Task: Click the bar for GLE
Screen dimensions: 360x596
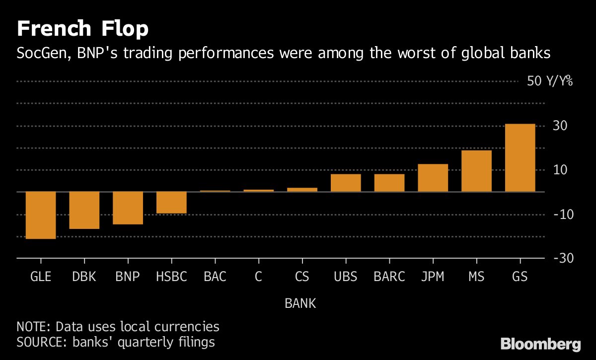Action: click(41, 215)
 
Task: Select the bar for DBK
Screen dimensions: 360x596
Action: click(84, 210)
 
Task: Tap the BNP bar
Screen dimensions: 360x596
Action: click(128, 208)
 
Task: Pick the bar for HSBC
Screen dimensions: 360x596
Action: click(171, 202)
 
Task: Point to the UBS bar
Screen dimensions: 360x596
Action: click(346, 183)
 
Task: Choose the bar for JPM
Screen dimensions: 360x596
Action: click(433, 178)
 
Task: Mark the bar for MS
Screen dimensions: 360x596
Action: click(476, 171)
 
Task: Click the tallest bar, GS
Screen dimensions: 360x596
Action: click(520, 158)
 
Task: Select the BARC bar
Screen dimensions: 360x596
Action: click(389, 183)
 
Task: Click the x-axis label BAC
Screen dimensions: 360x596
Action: click(215, 277)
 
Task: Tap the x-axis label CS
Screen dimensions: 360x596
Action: click(302, 277)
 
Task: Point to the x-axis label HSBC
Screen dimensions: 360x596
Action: click(171, 277)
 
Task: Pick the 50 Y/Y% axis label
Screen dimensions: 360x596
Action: click(550, 81)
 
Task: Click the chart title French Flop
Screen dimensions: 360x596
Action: click(82, 30)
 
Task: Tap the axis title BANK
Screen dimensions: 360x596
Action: click(300, 303)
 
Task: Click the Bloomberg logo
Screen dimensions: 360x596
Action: click(540, 344)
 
